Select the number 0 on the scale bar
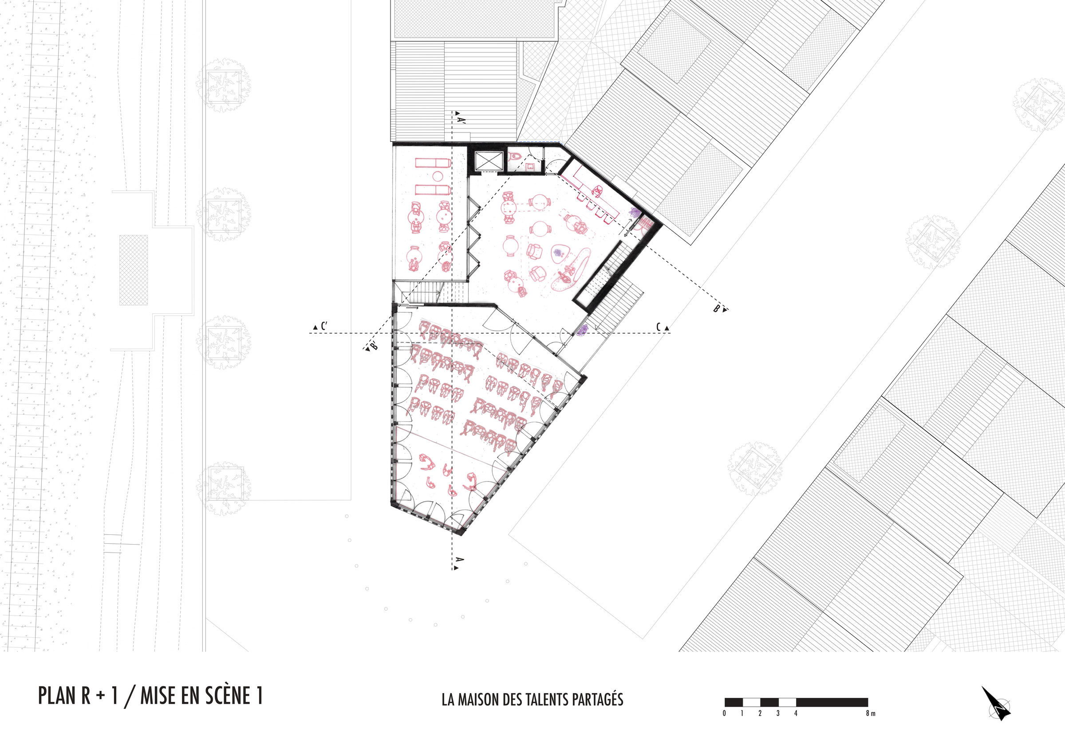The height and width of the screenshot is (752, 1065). (724, 713)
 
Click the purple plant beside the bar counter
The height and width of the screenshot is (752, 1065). (635, 213)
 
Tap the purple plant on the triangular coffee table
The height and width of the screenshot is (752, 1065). (557, 253)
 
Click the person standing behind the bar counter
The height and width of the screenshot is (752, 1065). (597, 190)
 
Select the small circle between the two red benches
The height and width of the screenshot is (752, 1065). (438, 176)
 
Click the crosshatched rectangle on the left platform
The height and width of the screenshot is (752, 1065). (134, 270)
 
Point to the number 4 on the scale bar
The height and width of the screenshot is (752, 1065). (796, 713)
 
